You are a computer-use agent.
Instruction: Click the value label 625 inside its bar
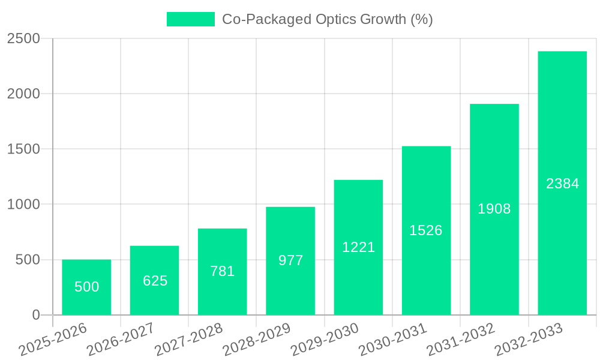pos(155,281)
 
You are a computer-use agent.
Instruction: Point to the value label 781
pos(223,271)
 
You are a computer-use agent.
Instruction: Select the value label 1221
pos(358,247)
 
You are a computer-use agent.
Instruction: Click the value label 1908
pos(494,209)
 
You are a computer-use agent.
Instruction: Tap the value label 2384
pos(562,184)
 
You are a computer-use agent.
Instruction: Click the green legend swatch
pos(190,19)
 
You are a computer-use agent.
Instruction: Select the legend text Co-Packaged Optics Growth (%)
pos(327,19)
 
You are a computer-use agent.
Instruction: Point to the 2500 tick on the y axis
pos(23,38)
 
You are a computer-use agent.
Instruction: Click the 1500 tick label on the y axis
pos(23,149)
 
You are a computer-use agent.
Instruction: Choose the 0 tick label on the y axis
pos(35,315)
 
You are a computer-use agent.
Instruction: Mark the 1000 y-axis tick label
pos(23,205)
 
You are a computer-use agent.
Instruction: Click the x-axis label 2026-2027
pos(121,340)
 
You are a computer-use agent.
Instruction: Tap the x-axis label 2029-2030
pos(325,340)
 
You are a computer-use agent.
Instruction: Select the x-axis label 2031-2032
pos(461,340)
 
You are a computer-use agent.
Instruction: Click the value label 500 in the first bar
pos(86,287)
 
